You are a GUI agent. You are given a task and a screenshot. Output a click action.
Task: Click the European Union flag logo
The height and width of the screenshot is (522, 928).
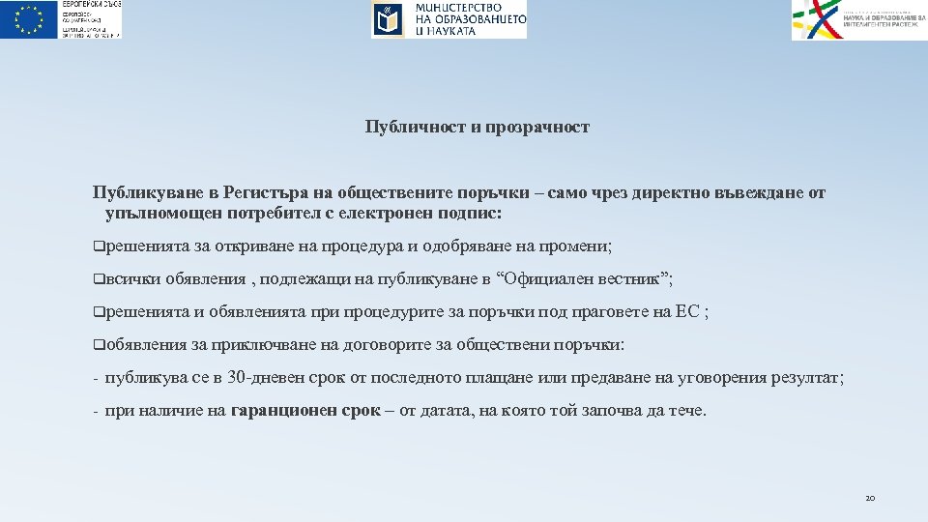(x=29, y=19)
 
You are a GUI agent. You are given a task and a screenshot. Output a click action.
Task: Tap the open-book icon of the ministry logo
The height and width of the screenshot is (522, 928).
(x=389, y=19)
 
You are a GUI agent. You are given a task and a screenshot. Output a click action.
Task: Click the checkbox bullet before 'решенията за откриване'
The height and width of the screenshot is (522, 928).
(x=98, y=246)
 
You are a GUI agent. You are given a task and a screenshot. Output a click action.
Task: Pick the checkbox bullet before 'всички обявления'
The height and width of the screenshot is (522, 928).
(x=98, y=279)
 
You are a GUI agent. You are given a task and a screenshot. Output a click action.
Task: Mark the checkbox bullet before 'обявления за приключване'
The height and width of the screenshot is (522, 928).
(x=98, y=345)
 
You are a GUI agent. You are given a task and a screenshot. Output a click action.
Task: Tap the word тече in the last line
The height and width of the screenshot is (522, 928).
(x=685, y=411)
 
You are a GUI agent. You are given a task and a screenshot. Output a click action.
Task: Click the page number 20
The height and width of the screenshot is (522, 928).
(x=869, y=498)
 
